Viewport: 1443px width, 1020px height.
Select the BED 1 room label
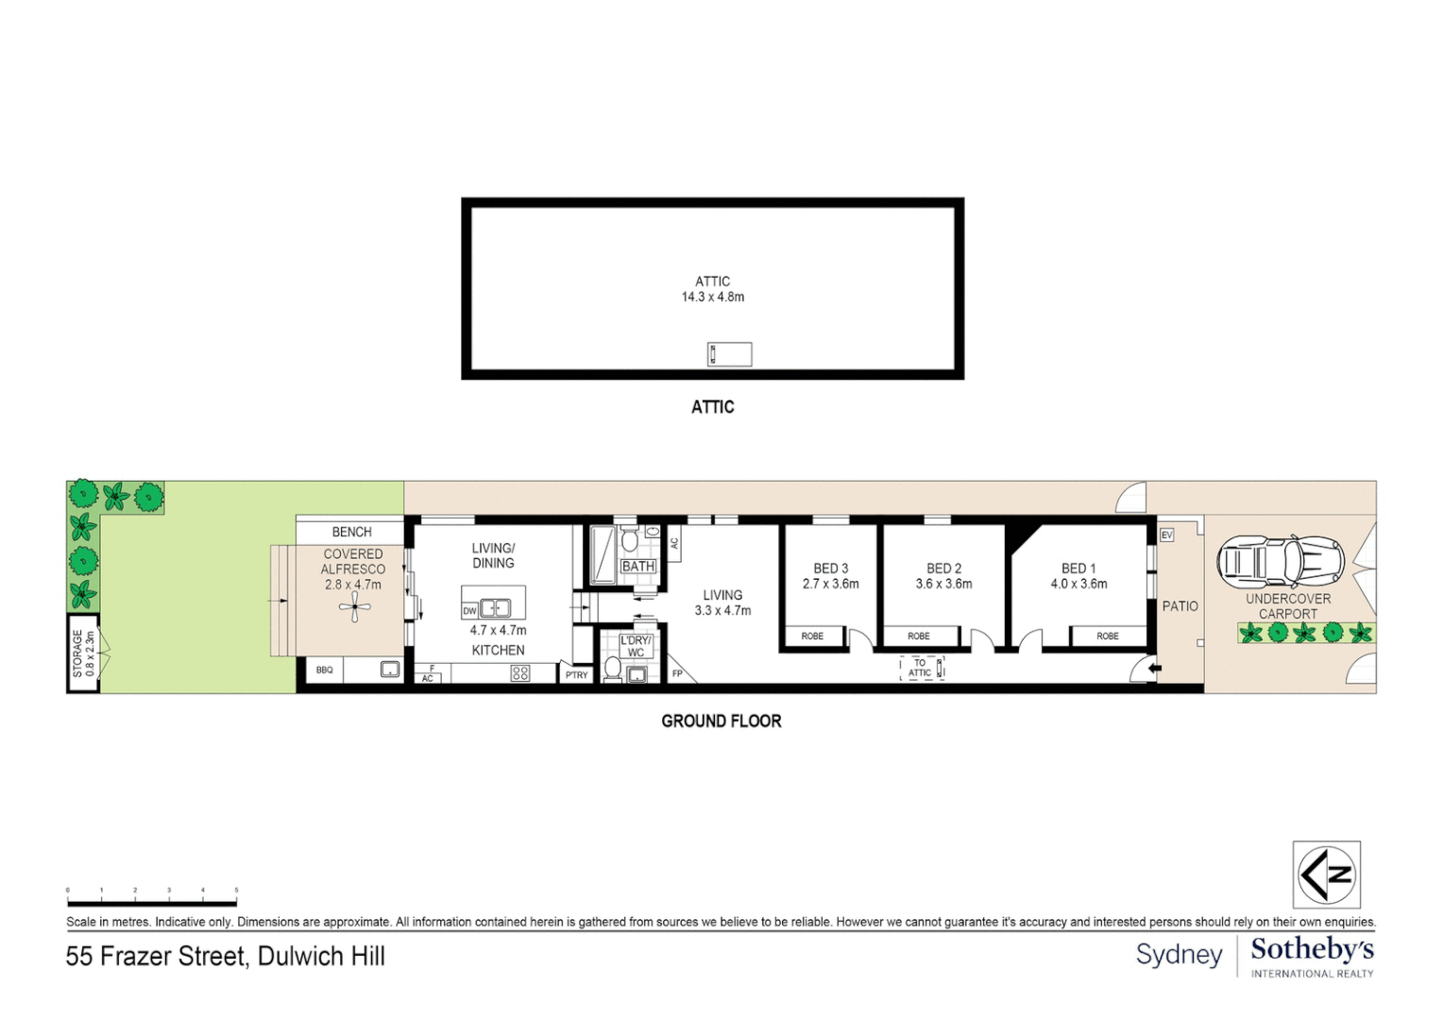[x=1078, y=569]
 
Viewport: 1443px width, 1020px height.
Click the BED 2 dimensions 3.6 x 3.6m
[x=943, y=584]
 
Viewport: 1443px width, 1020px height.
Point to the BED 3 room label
[x=831, y=569]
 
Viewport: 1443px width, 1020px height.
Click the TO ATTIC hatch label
[x=920, y=669]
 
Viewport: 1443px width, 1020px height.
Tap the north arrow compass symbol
[x=1326, y=875]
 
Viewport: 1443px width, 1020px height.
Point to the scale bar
[x=151, y=903]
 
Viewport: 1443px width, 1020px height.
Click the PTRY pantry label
[x=576, y=675]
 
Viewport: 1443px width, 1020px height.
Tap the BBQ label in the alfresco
[x=324, y=671]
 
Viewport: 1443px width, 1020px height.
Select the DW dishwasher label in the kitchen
[x=469, y=611]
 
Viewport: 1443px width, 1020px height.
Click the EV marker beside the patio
[x=1166, y=535]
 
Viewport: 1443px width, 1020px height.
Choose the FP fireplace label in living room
[x=677, y=673]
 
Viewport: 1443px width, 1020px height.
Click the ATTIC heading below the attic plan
[x=712, y=407]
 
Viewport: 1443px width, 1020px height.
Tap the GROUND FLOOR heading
[x=721, y=722]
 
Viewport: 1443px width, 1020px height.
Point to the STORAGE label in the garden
[x=77, y=654]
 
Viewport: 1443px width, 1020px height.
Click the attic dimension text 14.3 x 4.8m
[x=713, y=297]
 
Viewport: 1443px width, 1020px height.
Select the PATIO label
[x=1180, y=606]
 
